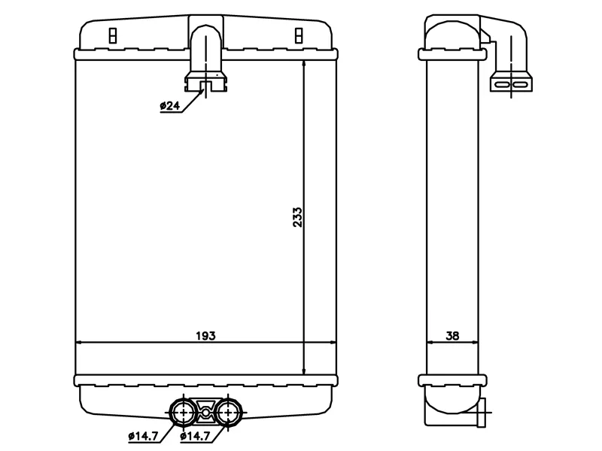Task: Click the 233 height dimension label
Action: pyautogui.click(x=297, y=217)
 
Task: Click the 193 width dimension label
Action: pyautogui.click(x=205, y=335)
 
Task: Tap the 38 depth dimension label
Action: pyautogui.click(x=452, y=335)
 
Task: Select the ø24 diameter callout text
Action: pyautogui.click(x=170, y=105)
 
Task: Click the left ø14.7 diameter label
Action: pyautogui.click(x=143, y=436)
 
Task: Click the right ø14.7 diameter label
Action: pyautogui.click(x=195, y=436)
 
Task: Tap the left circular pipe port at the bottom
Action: pyautogui.click(x=183, y=413)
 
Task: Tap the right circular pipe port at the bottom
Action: pyautogui.click(x=228, y=413)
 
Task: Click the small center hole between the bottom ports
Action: pyautogui.click(x=205, y=413)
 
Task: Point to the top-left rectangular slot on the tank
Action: pyautogui.click(x=112, y=35)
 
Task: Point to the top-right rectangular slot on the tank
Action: pyautogui.click(x=299, y=35)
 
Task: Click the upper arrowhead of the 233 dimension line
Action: pyautogui.click(x=304, y=64)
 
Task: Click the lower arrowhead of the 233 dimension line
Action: pyautogui.click(x=304, y=371)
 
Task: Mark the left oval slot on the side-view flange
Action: pyautogui.click(x=502, y=84)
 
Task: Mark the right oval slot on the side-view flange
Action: pyautogui.click(x=520, y=84)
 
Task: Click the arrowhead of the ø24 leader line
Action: pyautogui.click(x=202, y=91)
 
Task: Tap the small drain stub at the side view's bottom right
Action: pyautogui.click(x=482, y=412)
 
